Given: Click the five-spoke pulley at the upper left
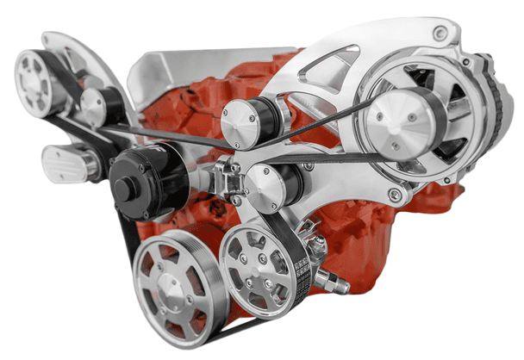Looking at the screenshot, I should (36, 82).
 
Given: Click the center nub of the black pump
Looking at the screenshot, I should (123, 189).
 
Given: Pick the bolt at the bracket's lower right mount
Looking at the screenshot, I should (395, 195).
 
